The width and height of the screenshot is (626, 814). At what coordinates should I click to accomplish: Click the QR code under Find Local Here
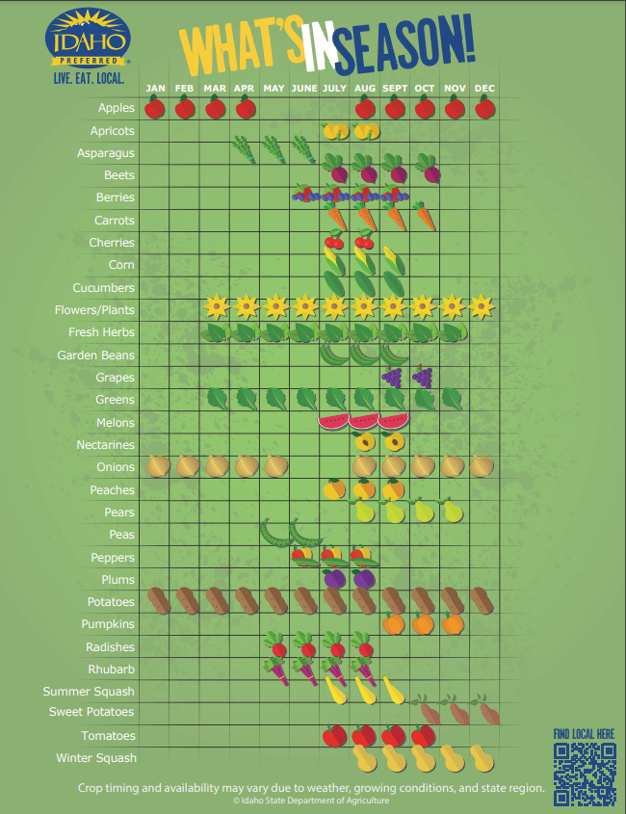(585, 774)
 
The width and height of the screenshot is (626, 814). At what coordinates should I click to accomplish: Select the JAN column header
(156, 89)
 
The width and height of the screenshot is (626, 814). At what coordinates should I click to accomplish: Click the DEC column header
(485, 89)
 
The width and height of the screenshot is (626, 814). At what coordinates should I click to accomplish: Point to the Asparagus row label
(106, 153)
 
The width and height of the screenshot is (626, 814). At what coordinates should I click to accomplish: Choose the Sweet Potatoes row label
(92, 712)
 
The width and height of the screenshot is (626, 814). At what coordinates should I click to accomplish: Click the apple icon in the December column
(485, 107)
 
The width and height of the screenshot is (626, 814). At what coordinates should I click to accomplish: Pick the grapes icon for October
(423, 376)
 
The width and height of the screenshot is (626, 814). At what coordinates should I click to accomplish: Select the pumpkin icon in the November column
(454, 623)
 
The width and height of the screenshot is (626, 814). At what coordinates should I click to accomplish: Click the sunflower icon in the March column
(217, 308)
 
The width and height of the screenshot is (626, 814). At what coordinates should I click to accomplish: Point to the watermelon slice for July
(332, 421)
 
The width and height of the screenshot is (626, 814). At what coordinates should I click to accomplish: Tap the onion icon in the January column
(157, 465)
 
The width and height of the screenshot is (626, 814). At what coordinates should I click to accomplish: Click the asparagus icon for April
(245, 148)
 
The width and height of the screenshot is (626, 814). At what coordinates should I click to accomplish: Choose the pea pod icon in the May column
(274, 531)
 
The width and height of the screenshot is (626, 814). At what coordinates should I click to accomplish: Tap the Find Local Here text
(584, 734)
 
